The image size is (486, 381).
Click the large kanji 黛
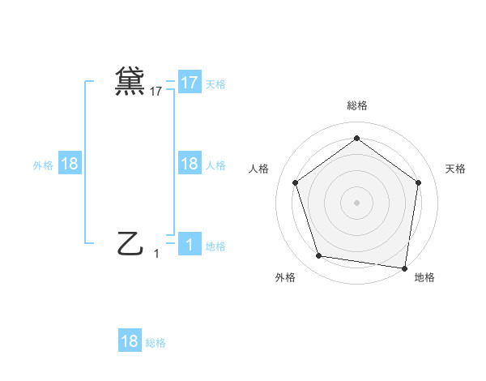130,81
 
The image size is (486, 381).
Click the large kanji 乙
130,242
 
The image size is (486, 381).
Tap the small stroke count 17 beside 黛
156,92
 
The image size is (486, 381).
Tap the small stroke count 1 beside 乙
156,254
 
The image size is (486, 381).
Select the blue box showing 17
189,83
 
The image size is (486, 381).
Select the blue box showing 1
189,244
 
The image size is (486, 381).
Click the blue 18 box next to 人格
189,164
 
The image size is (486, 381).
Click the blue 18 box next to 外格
70,164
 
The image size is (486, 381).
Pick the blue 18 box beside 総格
130,341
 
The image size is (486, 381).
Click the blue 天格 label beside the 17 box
215,83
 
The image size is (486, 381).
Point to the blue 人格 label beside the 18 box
215,165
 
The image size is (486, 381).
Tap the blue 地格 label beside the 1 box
215,246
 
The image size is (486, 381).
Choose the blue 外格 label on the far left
43,165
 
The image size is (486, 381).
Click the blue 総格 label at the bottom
156,343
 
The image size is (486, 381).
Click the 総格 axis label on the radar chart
356,105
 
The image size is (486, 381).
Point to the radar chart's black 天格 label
455,169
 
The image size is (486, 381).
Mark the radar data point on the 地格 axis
404,268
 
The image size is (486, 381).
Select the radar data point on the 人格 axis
295,182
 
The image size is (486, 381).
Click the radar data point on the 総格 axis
356,138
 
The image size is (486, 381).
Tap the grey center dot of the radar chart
356,202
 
